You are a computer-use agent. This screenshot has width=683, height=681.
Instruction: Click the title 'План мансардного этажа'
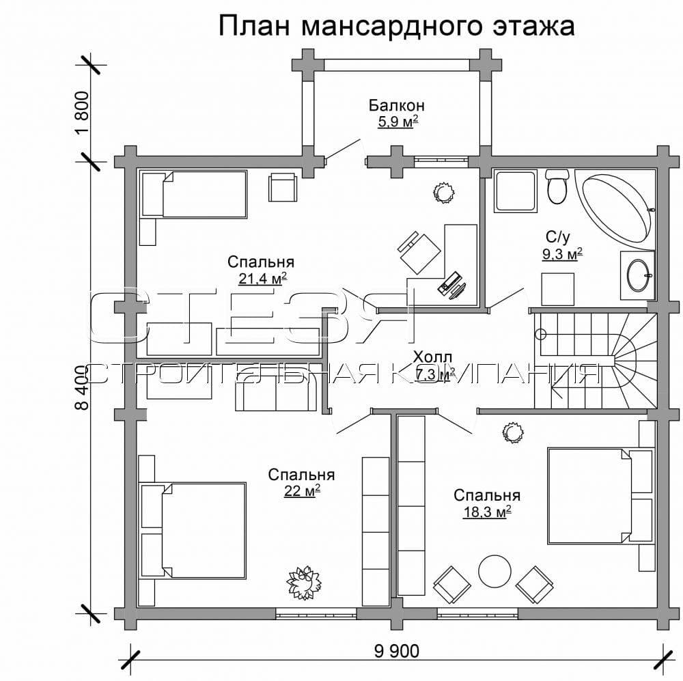coord(397,26)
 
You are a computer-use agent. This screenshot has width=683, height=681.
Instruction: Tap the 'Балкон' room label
coord(397,105)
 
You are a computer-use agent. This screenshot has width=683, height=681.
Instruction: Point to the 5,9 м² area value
coord(397,122)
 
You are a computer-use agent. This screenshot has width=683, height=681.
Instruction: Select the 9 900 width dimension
coord(397,651)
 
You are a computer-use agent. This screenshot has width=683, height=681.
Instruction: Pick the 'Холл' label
coord(432,357)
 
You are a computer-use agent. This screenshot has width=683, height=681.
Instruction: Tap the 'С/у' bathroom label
coord(557,237)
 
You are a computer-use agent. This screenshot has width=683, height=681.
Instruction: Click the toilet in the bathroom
coord(557,186)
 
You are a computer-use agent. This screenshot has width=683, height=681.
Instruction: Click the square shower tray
coord(516,191)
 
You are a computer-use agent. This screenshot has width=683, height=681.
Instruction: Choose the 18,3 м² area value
coord(487,512)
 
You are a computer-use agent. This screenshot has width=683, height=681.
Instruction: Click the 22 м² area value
coord(301,491)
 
